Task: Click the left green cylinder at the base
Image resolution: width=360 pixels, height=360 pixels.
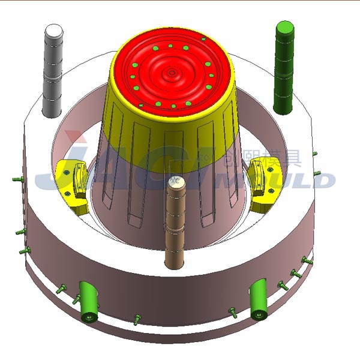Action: pos(89,300)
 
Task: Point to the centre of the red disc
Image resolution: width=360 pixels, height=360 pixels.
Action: pos(173,73)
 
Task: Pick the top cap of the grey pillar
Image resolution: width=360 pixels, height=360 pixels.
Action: pos(55,30)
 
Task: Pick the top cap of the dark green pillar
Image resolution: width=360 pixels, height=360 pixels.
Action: pos(284,28)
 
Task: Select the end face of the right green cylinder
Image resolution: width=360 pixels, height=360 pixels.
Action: pos(259,314)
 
